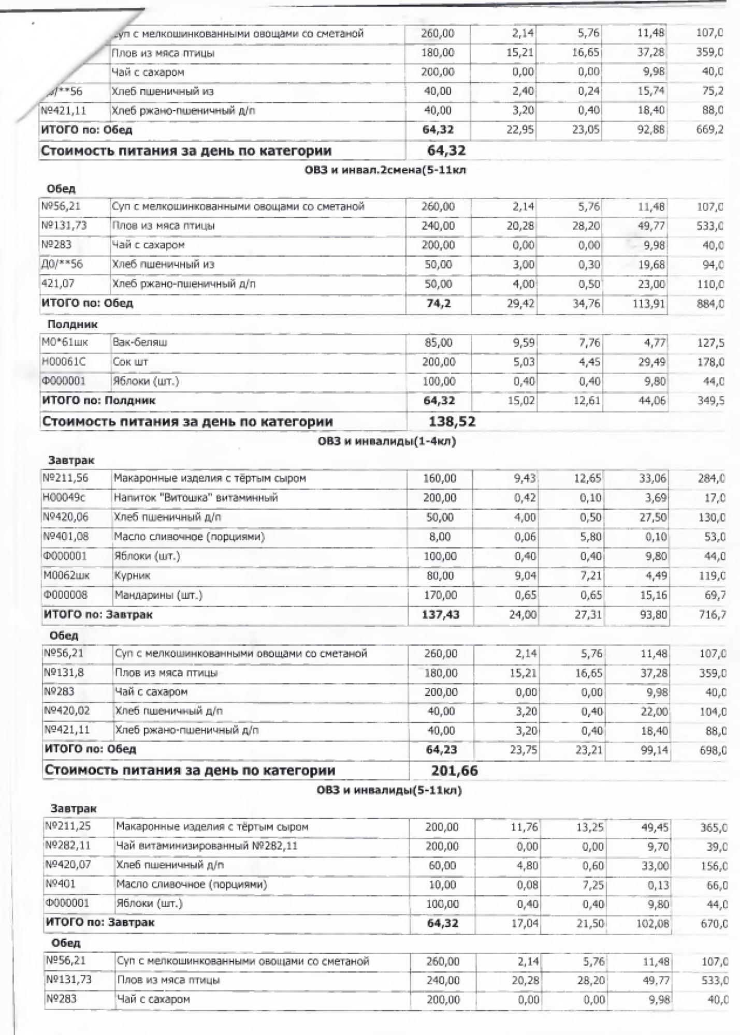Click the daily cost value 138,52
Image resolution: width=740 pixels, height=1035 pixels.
tap(452, 422)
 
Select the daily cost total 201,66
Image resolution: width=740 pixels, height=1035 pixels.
tap(454, 771)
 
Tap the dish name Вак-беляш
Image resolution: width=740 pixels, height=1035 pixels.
tap(140, 343)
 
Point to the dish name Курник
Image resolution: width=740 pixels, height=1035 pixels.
tap(132, 575)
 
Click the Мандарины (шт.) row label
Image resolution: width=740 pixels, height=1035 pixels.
tap(158, 595)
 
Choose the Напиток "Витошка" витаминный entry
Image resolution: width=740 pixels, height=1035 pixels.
tap(196, 498)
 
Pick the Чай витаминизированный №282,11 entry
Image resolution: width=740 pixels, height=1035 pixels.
tap(207, 846)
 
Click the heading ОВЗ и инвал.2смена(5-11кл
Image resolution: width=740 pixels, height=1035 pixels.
tap(385, 170)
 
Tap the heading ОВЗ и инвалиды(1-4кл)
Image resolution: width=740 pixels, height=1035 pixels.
tap(386, 441)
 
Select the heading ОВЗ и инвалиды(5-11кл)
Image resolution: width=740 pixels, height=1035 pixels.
tap(389, 790)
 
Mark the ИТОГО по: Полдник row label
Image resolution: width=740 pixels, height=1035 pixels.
tap(98, 401)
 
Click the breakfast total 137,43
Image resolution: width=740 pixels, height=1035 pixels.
tap(441, 615)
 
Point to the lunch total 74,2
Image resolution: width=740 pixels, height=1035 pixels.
tap(438, 303)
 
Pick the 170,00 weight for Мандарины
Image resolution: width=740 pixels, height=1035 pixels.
tap(440, 595)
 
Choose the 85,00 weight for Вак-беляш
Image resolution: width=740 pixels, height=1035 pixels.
tap(438, 343)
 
